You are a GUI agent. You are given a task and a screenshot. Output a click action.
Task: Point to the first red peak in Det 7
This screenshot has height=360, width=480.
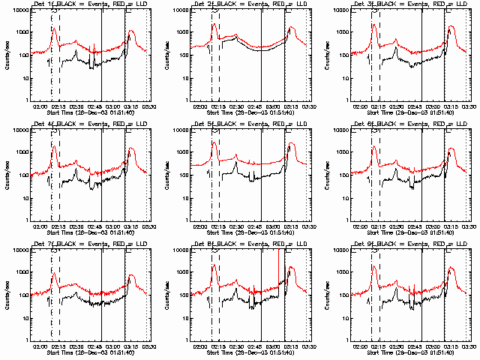[x=54, y=274]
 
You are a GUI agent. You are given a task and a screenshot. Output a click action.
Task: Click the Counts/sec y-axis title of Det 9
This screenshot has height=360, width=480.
[x=326, y=293]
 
